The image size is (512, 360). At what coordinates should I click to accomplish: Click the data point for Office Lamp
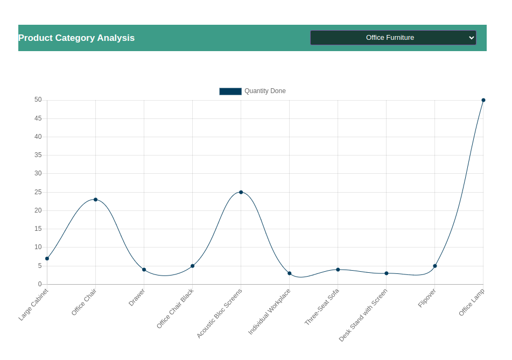click(x=483, y=100)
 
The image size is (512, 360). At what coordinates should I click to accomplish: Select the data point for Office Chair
click(x=95, y=200)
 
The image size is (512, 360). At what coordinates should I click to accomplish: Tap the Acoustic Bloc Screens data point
click(x=241, y=192)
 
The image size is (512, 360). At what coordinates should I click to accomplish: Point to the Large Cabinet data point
click(x=47, y=259)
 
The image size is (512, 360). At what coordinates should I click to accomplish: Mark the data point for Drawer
click(x=144, y=270)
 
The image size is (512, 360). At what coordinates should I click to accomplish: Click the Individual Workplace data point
click(x=289, y=273)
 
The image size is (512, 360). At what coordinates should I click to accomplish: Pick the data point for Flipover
click(x=434, y=266)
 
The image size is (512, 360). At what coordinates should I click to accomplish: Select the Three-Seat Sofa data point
click(x=338, y=270)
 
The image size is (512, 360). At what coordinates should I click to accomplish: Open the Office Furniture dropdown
click(x=393, y=38)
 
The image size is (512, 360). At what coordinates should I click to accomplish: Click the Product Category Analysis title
click(x=76, y=38)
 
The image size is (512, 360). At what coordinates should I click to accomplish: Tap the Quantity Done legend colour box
click(x=230, y=91)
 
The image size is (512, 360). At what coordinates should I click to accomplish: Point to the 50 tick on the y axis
click(x=38, y=100)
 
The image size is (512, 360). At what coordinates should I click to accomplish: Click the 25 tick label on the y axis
click(x=38, y=192)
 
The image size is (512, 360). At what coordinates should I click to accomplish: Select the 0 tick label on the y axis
click(x=39, y=284)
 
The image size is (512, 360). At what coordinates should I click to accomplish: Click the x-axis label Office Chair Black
click(x=176, y=308)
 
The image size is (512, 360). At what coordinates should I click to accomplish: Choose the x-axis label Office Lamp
click(x=472, y=302)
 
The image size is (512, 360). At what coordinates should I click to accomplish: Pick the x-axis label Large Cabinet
click(x=33, y=305)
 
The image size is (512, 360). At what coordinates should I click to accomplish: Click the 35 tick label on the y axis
click(x=38, y=156)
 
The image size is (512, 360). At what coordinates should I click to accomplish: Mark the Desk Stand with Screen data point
click(x=386, y=273)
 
